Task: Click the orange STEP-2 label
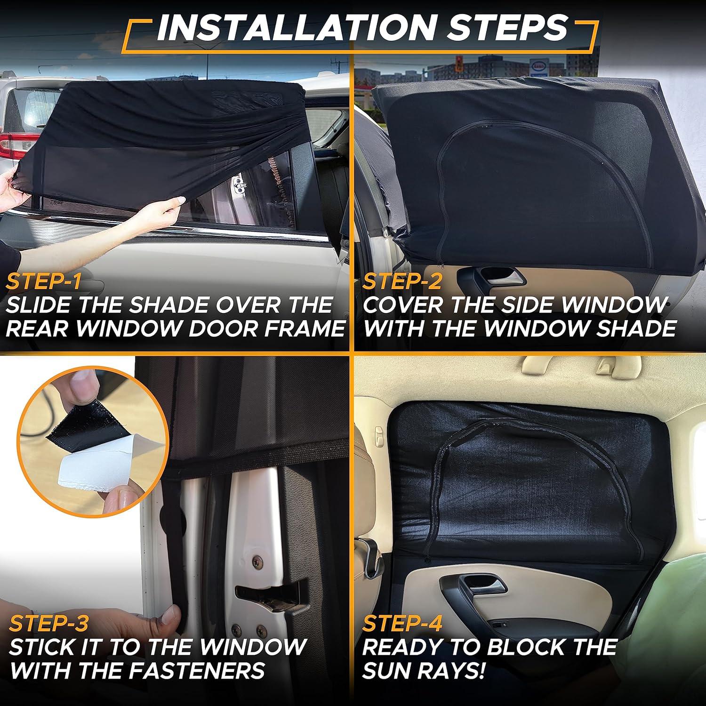tap(403, 281)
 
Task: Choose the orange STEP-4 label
tap(403, 624)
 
